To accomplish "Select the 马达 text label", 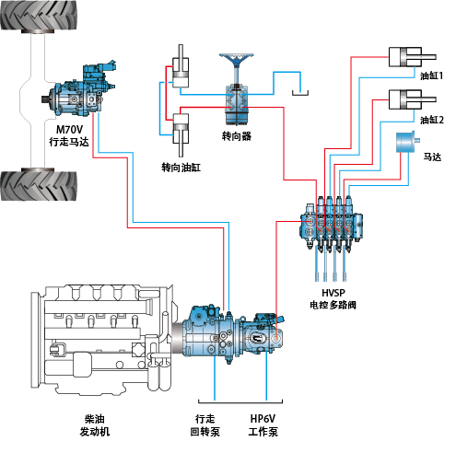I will [432, 157].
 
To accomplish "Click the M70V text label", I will [69, 130].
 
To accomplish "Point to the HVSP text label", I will [332, 292].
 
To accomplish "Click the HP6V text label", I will [263, 418].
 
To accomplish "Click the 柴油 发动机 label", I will [96, 424].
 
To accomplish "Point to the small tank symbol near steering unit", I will [298, 92].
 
